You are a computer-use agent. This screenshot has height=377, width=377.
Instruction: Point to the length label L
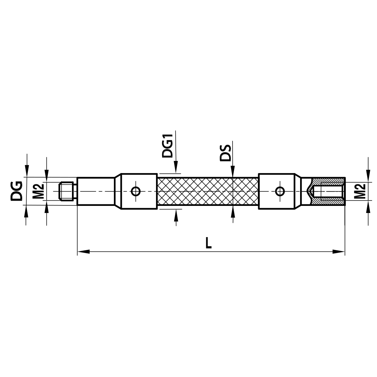(208, 242)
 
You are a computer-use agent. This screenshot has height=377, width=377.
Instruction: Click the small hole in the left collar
(136, 191)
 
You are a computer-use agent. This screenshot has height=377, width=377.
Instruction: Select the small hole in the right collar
(280, 191)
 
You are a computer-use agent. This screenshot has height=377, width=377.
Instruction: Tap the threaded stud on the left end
(67, 191)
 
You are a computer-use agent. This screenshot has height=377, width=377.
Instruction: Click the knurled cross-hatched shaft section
(207, 191)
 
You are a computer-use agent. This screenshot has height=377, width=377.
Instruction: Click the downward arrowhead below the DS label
(233, 173)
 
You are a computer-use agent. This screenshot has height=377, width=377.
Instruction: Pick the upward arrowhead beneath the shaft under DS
(233, 212)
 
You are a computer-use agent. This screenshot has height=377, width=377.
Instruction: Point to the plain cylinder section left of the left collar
(96, 191)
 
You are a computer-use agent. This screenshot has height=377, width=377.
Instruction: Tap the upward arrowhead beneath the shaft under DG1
(176, 214)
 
